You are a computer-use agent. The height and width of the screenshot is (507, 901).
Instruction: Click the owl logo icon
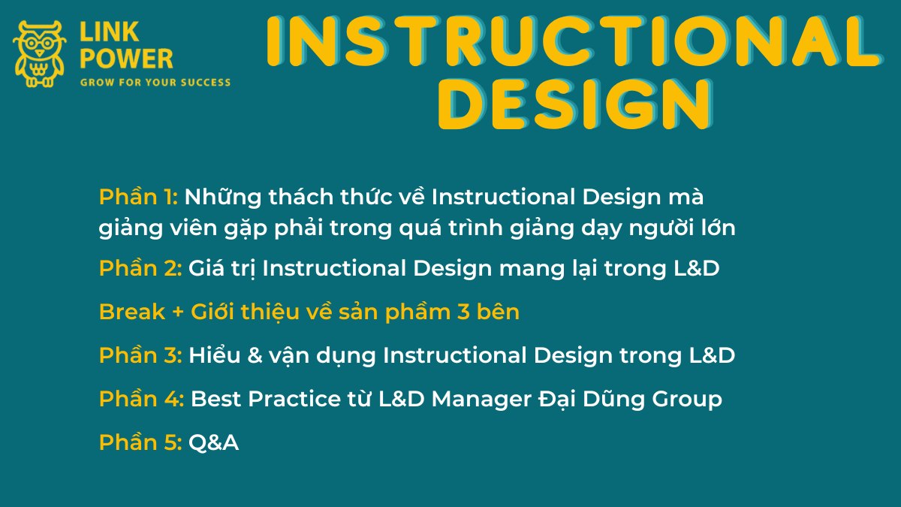pos(39,54)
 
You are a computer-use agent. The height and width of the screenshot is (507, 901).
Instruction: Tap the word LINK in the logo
pos(110,32)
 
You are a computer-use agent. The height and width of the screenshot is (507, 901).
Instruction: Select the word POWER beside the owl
pos(126,59)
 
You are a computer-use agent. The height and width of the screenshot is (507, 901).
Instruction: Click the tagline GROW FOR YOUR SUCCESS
pos(155,83)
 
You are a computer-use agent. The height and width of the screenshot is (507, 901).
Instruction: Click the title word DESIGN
pos(575,104)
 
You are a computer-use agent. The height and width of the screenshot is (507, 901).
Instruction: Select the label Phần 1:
pos(138,197)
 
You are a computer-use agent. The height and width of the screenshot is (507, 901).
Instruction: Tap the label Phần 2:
pos(140,268)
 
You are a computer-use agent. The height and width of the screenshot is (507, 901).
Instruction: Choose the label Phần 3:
pos(140,355)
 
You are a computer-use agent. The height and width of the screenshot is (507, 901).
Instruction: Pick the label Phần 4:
pos(142,399)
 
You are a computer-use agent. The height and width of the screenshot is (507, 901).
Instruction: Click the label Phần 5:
pos(140,442)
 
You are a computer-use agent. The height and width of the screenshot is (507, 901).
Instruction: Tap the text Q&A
pos(213,442)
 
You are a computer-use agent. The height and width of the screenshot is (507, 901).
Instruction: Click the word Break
pos(132,312)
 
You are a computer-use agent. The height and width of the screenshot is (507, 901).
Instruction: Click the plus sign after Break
pos(178,312)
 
